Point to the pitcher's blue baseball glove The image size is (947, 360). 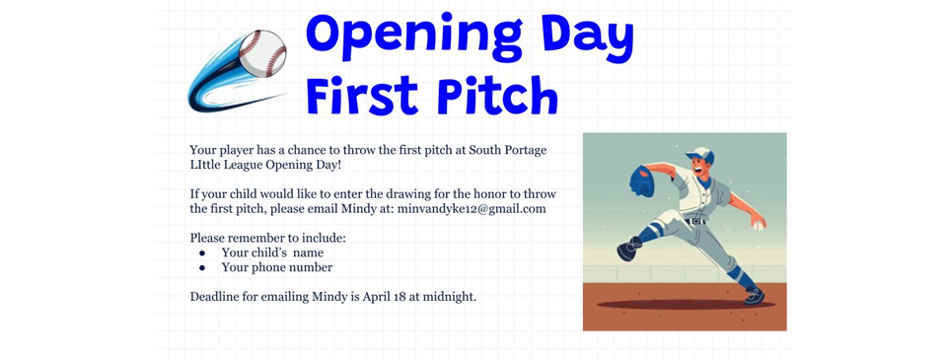point(641,181)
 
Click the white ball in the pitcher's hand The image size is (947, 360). point(758,225)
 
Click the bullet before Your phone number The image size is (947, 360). point(201,267)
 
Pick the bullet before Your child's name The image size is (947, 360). point(201,252)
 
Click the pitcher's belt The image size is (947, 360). point(698,221)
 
